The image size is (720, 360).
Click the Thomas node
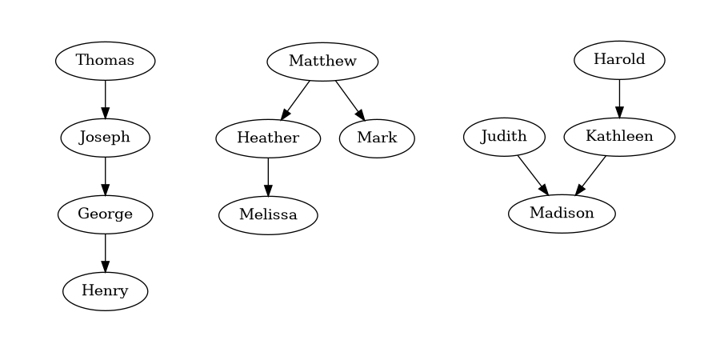[105, 61]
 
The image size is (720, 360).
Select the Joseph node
[105, 138]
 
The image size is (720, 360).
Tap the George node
[105, 214]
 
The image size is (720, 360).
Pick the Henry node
[105, 291]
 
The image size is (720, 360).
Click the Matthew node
[322, 62]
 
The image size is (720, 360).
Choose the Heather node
[268, 138]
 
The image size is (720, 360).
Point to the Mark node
[377, 138]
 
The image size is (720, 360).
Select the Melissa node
[268, 215]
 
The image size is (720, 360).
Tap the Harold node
[619, 60]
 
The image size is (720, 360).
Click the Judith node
[504, 137]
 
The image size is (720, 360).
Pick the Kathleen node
[619, 137]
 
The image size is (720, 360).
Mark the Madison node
[562, 214]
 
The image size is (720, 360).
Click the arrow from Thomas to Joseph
[105, 99]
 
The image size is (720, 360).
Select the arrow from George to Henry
[105, 253]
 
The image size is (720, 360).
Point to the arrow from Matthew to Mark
[350, 100]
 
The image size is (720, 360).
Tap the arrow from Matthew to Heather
[295, 100]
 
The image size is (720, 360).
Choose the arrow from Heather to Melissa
[268, 177]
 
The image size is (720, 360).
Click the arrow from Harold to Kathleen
[619, 98]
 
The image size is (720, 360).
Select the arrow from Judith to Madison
[532, 175]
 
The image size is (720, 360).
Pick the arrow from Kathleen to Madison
[591, 175]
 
